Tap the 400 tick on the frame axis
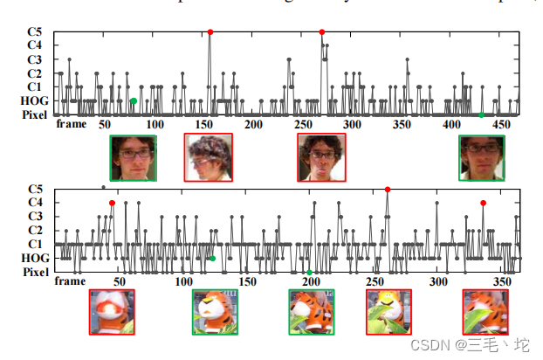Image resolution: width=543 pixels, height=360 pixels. click(x=451, y=125)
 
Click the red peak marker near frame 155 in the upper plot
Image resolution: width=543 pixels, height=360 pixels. click(x=210, y=31)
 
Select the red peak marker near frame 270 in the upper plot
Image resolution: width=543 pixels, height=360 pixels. click(x=322, y=31)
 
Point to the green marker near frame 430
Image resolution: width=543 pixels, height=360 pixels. click(x=481, y=114)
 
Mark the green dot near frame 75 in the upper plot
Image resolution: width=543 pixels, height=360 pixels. click(x=133, y=101)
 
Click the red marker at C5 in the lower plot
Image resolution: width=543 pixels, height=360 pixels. click(x=387, y=190)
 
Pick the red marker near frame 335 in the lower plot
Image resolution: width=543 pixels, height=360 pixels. click(x=483, y=203)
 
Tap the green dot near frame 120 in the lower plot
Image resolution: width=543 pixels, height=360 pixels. click(x=212, y=258)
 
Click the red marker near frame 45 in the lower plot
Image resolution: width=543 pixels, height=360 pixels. click(x=112, y=203)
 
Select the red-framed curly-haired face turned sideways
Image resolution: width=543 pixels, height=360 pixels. click(x=208, y=157)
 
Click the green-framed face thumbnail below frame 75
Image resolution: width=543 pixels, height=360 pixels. click(x=133, y=157)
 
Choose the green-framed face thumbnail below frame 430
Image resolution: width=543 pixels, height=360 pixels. click(x=482, y=157)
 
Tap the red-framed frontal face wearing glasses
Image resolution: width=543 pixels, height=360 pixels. click(x=321, y=157)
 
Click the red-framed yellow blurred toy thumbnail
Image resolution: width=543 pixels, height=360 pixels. click(x=388, y=312)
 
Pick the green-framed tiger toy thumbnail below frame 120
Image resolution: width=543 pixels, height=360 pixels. click(x=215, y=312)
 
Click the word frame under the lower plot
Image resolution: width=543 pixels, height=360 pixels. click(x=70, y=281)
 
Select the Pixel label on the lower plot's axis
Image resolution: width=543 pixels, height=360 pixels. click(x=34, y=272)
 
